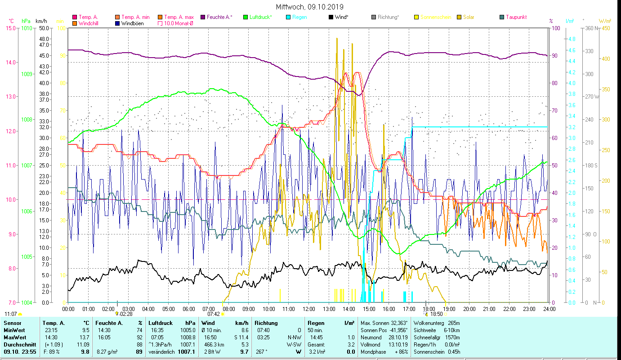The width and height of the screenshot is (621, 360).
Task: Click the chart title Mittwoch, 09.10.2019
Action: point(310,7)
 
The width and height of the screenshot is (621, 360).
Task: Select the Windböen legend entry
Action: point(132,23)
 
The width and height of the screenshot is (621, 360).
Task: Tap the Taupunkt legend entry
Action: point(516,17)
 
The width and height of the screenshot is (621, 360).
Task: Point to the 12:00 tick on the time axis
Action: point(309,309)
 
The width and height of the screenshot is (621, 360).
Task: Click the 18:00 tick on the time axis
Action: point(429,309)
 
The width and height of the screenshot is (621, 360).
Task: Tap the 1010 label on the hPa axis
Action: point(26,28)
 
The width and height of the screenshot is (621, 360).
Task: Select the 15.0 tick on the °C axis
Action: point(10,28)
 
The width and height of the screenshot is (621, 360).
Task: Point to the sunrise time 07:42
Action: point(213,314)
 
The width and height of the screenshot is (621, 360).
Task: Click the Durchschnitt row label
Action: point(17,345)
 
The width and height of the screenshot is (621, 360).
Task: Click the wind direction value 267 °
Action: point(262,352)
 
